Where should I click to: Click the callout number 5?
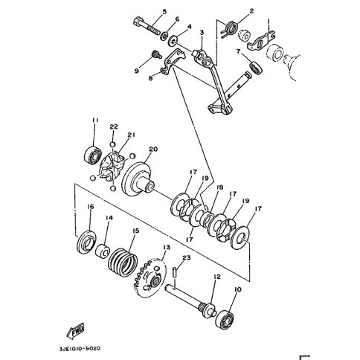pos(164,12)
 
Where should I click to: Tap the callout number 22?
pos(114,126)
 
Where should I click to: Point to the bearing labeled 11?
pos(92,155)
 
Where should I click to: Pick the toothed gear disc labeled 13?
pos(150,277)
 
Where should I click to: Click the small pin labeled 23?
pos(176,270)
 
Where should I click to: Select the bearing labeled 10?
pos(225,318)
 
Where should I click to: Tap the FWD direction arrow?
pos(76,331)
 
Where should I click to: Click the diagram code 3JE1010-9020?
pos(80,349)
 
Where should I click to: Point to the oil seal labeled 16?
pos(87,242)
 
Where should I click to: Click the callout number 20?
pos(153,150)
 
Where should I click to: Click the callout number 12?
pos(216,277)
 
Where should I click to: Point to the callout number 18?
pos(219,187)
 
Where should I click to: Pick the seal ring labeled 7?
pos(256,68)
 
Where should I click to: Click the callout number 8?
pos(151,79)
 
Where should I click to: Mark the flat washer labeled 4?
pos(173,41)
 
